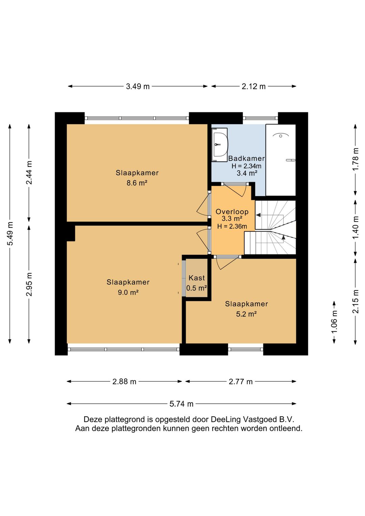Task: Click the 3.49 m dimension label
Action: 138,86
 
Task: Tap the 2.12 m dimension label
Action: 253,86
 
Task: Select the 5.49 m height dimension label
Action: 10,234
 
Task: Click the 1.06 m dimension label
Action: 334,322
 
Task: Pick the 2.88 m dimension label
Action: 124,382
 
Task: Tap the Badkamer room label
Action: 246,158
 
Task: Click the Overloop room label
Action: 232,211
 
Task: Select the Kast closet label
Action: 197,278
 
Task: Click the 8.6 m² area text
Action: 137,183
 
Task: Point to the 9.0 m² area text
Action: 128,292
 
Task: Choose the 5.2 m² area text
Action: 246,314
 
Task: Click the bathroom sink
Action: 220,145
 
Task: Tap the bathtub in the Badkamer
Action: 281,160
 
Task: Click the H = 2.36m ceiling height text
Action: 232,226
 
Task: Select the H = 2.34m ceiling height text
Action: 246,166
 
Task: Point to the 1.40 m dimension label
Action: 356,228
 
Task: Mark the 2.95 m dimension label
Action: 29,284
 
